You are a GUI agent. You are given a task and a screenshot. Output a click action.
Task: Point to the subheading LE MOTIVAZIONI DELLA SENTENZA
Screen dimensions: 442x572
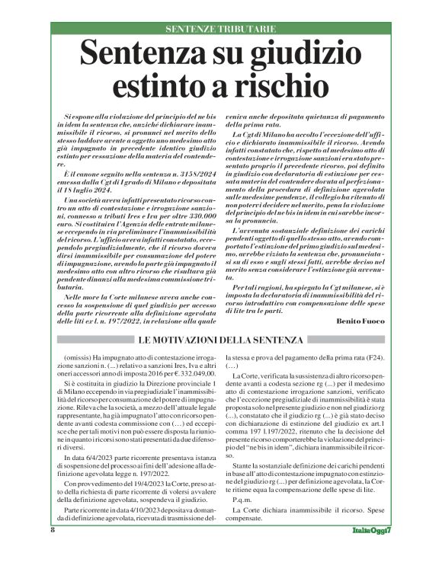221,339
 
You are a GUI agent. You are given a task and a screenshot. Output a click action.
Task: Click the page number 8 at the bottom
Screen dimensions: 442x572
53,529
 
